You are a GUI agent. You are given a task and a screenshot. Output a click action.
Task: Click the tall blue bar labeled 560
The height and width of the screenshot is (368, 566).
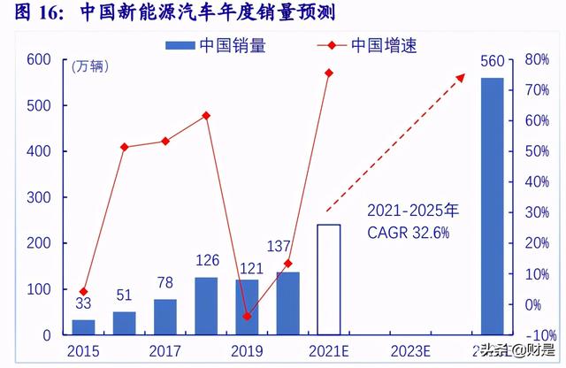click(x=492, y=206)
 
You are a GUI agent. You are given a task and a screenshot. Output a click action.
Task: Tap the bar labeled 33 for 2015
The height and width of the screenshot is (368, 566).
click(x=83, y=327)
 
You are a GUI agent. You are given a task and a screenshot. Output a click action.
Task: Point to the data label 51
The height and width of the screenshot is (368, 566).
click(x=125, y=295)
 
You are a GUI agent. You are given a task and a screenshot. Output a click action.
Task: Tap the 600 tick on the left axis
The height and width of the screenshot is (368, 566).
click(x=38, y=59)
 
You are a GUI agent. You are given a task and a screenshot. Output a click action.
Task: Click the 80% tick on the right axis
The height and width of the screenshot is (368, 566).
click(x=538, y=59)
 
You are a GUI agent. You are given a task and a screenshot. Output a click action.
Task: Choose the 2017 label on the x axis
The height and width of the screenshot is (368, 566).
click(x=165, y=351)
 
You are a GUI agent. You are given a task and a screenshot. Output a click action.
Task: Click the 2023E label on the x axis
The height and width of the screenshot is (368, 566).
click(x=410, y=351)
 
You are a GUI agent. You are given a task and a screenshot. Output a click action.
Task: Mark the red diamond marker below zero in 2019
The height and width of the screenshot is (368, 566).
click(x=248, y=316)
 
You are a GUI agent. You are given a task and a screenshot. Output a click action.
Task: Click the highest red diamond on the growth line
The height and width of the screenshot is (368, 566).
click(x=329, y=73)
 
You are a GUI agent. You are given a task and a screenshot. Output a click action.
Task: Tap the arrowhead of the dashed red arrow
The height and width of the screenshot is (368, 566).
click(x=460, y=78)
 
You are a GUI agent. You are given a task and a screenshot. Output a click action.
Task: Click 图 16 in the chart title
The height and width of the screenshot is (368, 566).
click(x=34, y=13)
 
